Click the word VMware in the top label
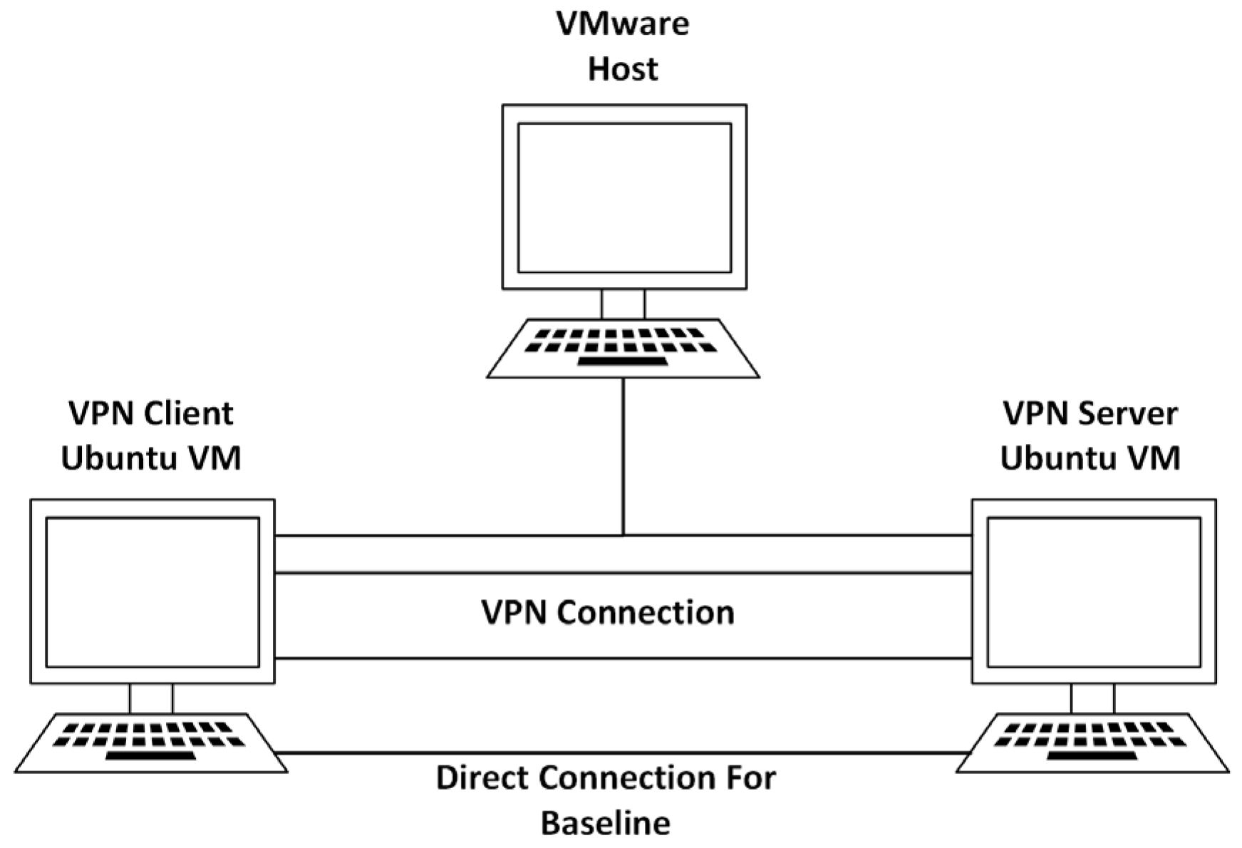(622, 24)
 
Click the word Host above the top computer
(622, 70)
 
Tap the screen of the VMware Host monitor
(624, 198)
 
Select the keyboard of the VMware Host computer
(623, 348)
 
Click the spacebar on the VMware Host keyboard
(622, 362)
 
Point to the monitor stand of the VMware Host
(623, 304)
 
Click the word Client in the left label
(189, 414)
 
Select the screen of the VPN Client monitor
(152, 592)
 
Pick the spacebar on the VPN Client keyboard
(150, 756)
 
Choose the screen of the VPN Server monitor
(1094, 592)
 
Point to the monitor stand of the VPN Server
(1092, 698)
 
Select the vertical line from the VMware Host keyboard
(623, 456)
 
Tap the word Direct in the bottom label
(482, 778)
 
